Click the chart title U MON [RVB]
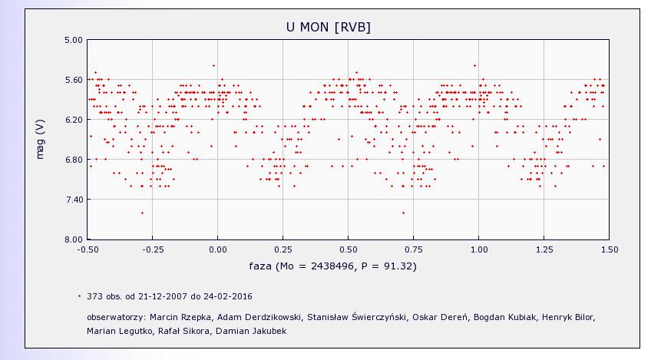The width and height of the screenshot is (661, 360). tap(328, 27)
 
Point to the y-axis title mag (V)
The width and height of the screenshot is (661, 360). tap(40, 140)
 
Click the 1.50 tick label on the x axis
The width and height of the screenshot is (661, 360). tap(609, 249)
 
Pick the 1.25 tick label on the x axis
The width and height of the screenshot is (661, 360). tap(544, 249)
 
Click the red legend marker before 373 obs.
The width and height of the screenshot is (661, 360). tap(79, 296)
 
